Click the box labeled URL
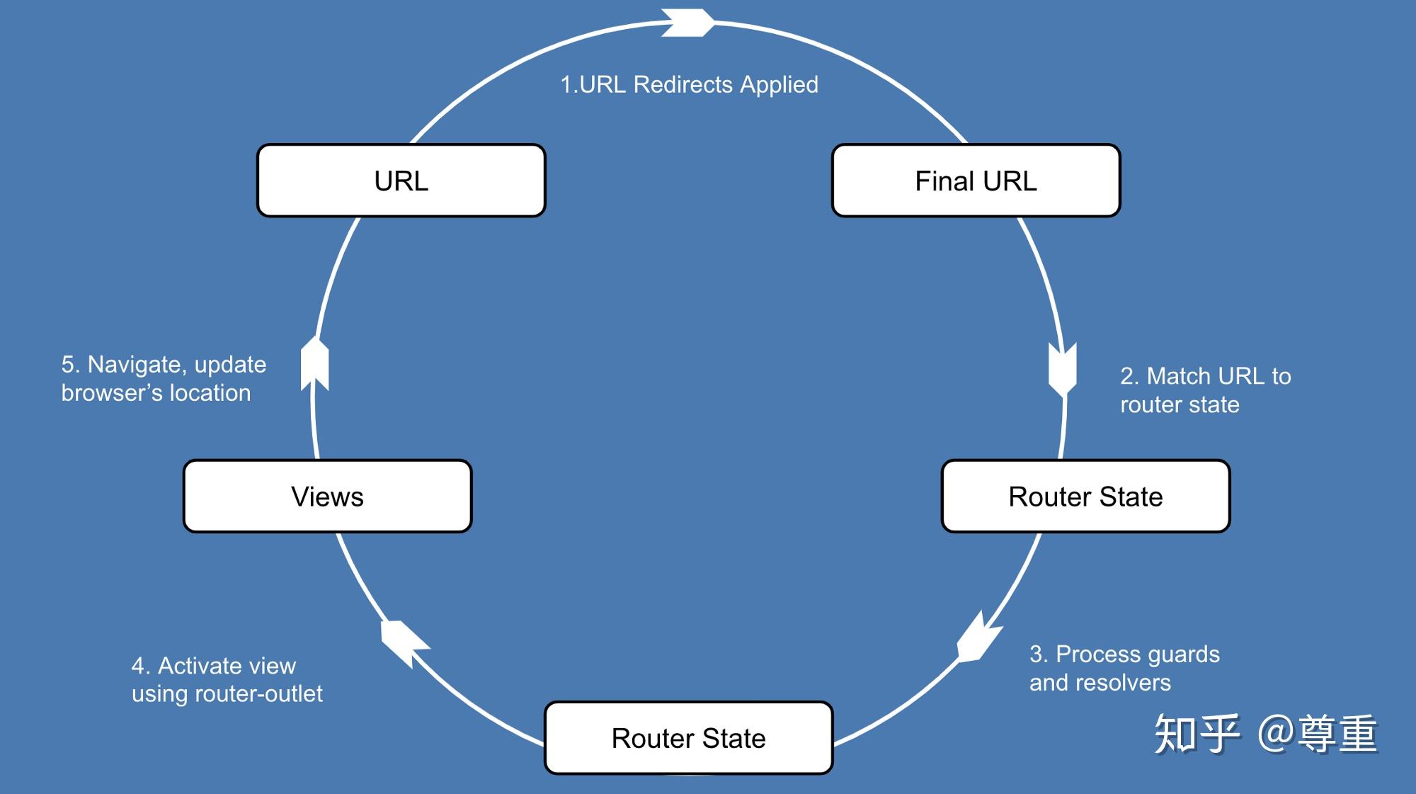coord(401,181)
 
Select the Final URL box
coord(976,181)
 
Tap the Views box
coord(328,497)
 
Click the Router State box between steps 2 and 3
coord(1086,497)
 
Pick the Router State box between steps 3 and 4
coord(689,738)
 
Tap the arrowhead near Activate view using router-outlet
coord(404,644)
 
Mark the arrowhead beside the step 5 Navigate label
coord(315,364)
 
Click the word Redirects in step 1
coord(683,84)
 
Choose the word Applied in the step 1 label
coord(779,85)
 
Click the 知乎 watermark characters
coord(1197,734)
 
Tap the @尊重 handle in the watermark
coord(1318,734)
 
